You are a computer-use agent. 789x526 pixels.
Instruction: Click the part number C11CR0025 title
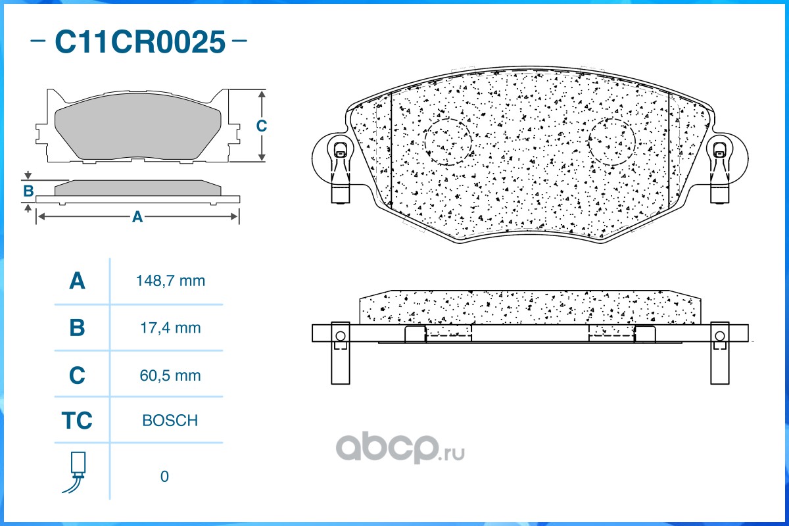(140, 41)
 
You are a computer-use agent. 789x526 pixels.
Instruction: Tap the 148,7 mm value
(170, 281)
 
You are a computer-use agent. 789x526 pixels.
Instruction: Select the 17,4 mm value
(170, 328)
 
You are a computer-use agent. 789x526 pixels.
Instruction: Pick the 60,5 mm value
(170, 375)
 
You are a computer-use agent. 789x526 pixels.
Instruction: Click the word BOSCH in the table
(170, 420)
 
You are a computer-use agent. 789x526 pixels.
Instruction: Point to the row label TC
(77, 420)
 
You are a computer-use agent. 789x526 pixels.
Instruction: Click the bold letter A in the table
(77, 281)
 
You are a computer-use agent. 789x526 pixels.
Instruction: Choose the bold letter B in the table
(77, 327)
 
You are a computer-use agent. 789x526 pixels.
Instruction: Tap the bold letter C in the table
(77, 375)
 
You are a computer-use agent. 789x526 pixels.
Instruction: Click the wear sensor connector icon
(76, 472)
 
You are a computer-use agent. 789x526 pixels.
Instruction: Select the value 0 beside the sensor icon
(164, 477)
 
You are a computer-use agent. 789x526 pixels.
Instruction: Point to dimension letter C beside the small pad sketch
(262, 126)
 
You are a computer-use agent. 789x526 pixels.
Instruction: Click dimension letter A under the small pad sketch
(137, 217)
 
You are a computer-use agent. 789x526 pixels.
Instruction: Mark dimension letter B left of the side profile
(28, 191)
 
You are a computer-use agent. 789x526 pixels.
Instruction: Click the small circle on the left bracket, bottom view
(341, 336)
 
